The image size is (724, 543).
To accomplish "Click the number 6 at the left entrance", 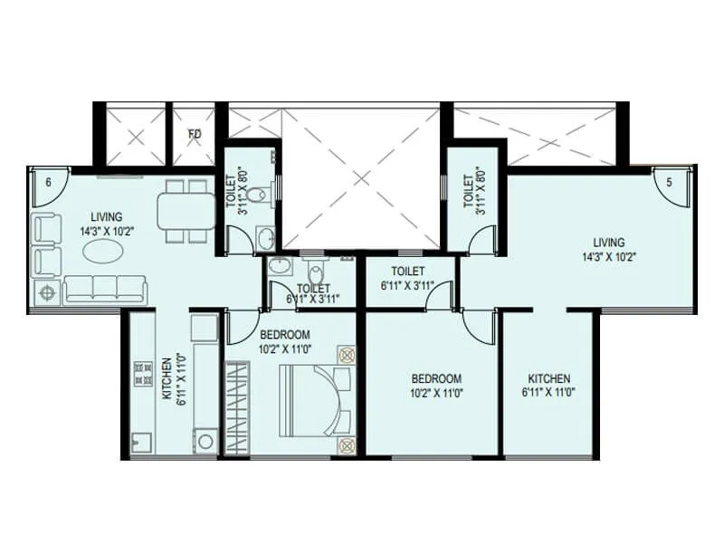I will (47, 181).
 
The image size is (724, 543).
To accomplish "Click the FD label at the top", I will (195, 135).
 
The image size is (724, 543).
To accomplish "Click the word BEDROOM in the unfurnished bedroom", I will (436, 378).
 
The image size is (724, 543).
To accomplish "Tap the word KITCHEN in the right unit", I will (549, 378).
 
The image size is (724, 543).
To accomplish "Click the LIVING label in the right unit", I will (609, 243).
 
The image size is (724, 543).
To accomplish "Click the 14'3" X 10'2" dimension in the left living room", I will (107, 230).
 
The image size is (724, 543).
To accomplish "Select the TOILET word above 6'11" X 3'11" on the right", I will (409, 271).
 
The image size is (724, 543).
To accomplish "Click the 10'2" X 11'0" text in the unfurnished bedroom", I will (436, 393).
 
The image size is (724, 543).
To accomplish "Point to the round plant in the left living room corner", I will (45, 291).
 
